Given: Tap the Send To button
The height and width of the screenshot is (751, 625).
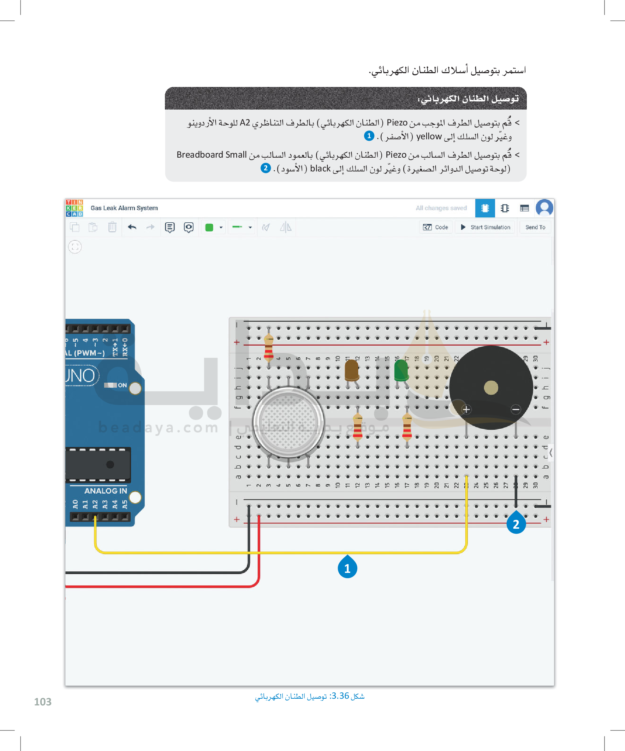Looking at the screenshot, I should coord(535,227).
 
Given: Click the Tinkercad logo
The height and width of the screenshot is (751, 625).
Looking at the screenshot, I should coord(74,208).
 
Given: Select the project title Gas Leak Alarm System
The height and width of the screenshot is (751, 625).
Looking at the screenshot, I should coord(124,208).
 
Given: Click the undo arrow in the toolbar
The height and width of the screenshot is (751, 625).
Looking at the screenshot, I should coord(132,227).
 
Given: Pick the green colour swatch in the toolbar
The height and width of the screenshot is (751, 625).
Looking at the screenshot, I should coord(209,228).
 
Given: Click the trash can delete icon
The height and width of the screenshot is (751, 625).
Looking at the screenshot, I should coord(112,227).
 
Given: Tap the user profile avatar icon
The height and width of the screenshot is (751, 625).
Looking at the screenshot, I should coord(544,208).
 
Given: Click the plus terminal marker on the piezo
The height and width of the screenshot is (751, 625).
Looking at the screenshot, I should coord(466,409).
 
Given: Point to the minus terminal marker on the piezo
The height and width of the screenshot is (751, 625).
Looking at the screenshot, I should coord(515,409).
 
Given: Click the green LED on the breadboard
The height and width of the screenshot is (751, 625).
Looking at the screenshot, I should coord(401,370).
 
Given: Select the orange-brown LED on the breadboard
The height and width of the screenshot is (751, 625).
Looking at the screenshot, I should coord(352,370).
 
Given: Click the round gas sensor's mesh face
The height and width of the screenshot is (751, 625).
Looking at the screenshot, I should coord(288,422).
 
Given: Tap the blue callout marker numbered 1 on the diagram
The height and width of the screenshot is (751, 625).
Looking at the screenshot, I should coord(347,568).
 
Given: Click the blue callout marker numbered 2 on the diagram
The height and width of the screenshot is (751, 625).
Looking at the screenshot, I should coord(516,524).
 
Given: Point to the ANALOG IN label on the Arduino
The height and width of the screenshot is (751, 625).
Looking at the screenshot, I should coord(106,491).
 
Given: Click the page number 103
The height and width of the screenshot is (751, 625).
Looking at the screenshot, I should coord(42,702).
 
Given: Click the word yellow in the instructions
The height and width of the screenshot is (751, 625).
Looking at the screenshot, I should coord(429,136).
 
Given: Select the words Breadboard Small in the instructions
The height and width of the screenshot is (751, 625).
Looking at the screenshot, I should coord(212,154).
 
